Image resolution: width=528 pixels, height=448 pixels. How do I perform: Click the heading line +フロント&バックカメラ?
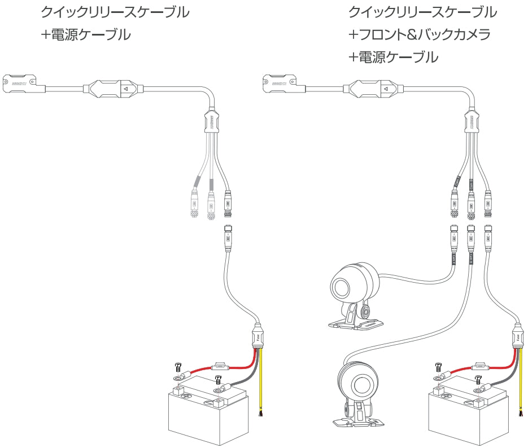pyautogui.click(x=419, y=34)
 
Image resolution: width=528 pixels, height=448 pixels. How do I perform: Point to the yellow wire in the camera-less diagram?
pyautogui.click(x=260, y=384)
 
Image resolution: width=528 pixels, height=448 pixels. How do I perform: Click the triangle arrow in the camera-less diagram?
pyautogui.click(x=126, y=88)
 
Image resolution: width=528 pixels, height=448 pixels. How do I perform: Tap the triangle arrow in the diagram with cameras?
pyautogui.click(x=387, y=88)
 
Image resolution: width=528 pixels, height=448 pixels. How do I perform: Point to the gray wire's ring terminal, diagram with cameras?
pyautogui.click(x=482, y=388)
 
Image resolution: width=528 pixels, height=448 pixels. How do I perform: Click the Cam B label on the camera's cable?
pyautogui.click(x=470, y=259)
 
